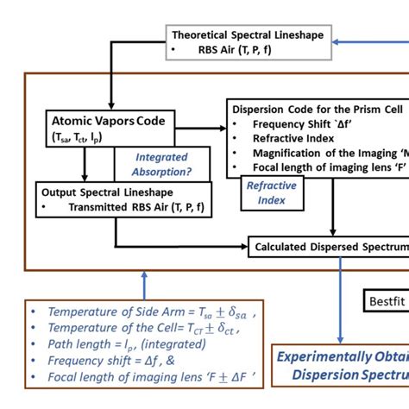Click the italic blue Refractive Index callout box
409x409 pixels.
(271, 192)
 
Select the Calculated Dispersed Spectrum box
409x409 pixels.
(328, 248)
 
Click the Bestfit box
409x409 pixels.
(385, 301)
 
